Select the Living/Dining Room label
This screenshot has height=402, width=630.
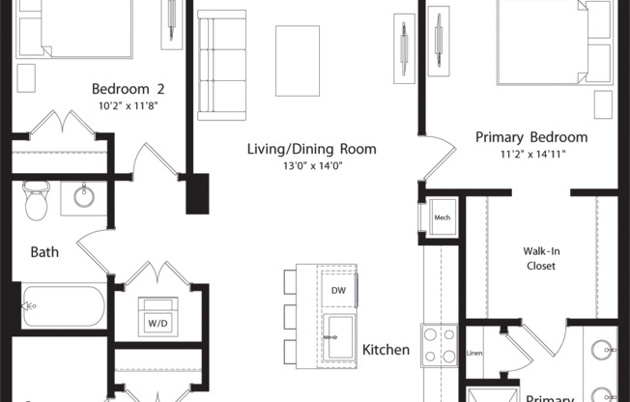(x=310, y=149)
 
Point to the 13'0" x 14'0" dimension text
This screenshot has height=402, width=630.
(x=310, y=167)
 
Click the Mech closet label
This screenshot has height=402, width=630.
(x=442, y=218)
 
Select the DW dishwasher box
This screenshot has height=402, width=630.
(x=338, y=289)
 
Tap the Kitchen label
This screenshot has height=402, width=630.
(x=386, y=349)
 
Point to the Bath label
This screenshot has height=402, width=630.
(x=44, y=252)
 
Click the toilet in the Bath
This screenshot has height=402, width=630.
(x=36, y=200)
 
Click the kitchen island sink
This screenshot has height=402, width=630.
(x=339, y=333)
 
